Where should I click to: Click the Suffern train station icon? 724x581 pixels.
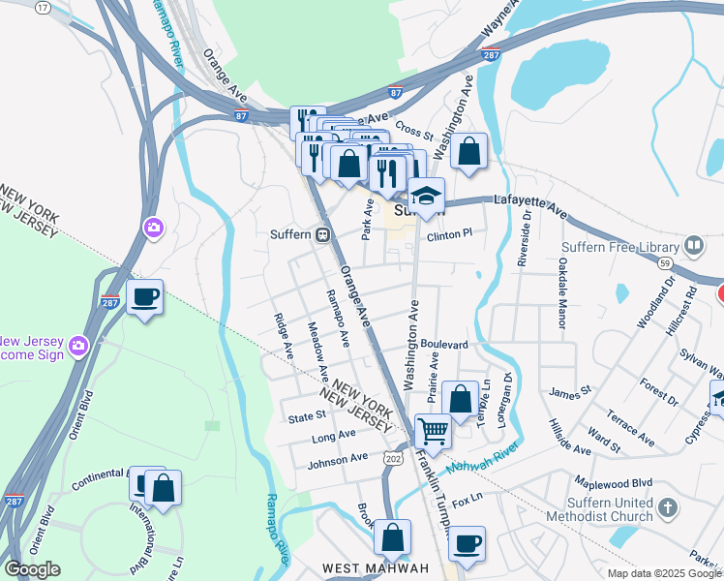[x=323, y=234]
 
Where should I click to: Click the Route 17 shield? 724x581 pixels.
[x=43, y=7]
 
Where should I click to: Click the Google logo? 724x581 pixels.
[x=32, y=569]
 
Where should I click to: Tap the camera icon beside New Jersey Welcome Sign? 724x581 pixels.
[x=77, y=343]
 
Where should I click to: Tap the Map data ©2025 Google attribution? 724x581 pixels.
[x=662, y=573]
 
